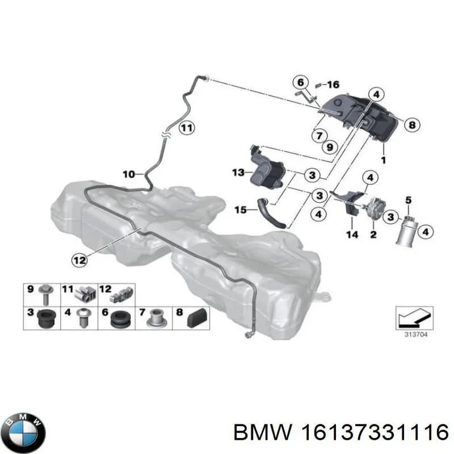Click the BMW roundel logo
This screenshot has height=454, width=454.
(x=26, y=433)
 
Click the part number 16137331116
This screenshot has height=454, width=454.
(x=375, y=433)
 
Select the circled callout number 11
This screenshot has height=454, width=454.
(x=187, y=128)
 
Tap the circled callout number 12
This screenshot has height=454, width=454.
(x=79, y=260)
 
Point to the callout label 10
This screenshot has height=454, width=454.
(x=129, y=174)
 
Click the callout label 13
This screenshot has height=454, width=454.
(x=238, y=173)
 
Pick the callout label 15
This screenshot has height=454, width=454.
(x=240, y=209)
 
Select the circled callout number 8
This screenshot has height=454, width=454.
(x=412, y=125)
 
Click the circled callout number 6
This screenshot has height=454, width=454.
(x=301, y=82)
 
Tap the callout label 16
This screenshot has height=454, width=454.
(x=333, y=85)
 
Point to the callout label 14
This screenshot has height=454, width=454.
(x=352, y=234)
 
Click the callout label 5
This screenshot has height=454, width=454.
(x=408, y=200)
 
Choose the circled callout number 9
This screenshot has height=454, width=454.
(x=330, y=147)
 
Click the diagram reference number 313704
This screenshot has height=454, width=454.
(x=416, y=335)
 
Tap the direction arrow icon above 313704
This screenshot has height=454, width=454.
(x=415, y=318)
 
